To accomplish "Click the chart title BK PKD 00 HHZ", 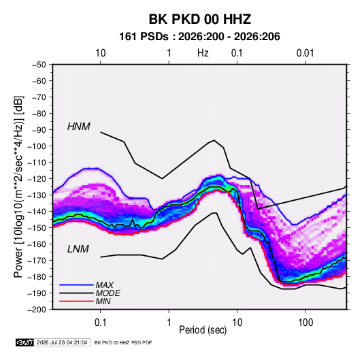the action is [199, 19].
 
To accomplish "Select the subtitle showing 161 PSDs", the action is [199, 37].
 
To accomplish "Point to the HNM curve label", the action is [79, 127].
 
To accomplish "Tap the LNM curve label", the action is [78, 249].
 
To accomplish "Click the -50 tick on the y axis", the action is [39, 65].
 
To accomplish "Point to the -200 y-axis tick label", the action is [37, 310].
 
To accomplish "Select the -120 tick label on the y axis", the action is [37, 179].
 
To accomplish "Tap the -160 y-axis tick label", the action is [37, 244].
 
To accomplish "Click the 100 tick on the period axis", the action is [305, 323].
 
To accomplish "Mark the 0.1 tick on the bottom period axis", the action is [100, 323].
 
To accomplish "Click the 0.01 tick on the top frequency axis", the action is [305, 53].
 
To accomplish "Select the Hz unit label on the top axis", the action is [203, 53].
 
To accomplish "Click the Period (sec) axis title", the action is [203, 330].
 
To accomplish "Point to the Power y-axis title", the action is [19, 187].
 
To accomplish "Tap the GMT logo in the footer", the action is [24, 342].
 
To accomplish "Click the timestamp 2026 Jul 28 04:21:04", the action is [62, 342].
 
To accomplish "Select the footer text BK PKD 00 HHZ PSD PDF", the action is [123, 342].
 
